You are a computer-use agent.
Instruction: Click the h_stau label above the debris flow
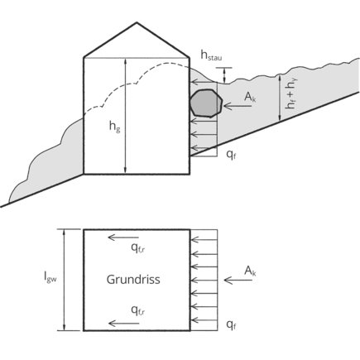pos(211,55)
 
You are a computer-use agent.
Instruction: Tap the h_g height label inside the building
pos(115,127)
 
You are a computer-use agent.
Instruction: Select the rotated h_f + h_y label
pos(291,93)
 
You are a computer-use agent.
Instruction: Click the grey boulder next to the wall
pos(206,103)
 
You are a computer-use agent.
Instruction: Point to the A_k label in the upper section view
pos(250,98)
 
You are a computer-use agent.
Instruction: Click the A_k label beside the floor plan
pos(250,271)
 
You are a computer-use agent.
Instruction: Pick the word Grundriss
pos(133,280)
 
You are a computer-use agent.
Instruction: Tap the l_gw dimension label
pos(50,277)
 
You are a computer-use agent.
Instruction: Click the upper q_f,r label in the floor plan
pos(138,248)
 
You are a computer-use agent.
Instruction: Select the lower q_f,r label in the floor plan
pos(138,310)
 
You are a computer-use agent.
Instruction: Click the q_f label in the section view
pos(231,155)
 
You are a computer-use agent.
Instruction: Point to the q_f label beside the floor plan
pos(231,325)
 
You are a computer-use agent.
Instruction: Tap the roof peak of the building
pos(137,22)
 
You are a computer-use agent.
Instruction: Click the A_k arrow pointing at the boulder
pos(238,106)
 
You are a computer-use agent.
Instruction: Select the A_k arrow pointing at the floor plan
pos(238,281)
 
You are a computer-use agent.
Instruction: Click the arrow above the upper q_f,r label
pos(123,238)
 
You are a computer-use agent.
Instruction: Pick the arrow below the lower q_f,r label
pos(123,324)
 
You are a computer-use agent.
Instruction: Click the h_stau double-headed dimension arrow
pos(224,75)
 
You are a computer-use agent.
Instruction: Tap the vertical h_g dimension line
pos(126,116)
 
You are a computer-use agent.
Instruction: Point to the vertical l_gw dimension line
pos(65,280)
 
